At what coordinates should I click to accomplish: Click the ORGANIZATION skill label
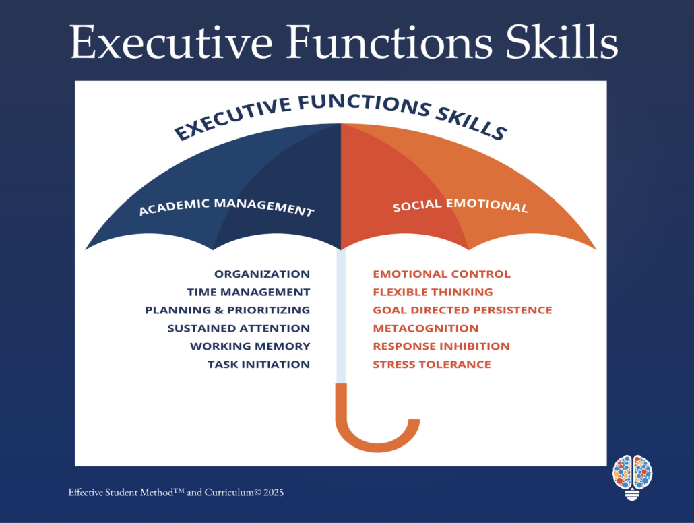click(x=262, y=274)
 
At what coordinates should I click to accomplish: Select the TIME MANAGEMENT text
click(x=249, y=293)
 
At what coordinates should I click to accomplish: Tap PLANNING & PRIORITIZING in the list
click(x=228, y=310)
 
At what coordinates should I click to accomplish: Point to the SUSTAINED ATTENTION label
click(x=239, y=328)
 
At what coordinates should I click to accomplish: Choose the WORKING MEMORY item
click(x=250, y=346)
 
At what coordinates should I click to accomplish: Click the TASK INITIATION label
click(x=259, y=365)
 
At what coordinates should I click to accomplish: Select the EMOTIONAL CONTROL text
click(x=442, y=274)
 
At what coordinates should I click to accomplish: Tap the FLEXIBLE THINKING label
click(x=433, y=293)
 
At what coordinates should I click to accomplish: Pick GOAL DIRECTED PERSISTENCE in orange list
click(x=462, y=310)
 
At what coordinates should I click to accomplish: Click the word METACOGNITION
click(x=426, y=328)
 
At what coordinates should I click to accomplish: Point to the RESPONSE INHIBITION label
click(x=441, y=346)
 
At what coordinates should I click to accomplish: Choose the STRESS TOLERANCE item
click(x=432, y=365)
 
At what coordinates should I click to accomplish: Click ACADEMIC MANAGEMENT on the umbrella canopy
click(x=226, y=206)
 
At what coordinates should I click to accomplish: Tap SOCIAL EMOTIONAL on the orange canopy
click(x=460, y=205)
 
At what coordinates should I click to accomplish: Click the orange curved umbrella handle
click(x=377, y=444)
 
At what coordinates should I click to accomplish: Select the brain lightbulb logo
click(x=633, y=477)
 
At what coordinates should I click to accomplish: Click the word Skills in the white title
click(x=562, y=42)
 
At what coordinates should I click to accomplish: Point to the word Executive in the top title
click(x=171, y=42)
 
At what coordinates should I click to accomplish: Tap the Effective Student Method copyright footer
click(x=176, y=493)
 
